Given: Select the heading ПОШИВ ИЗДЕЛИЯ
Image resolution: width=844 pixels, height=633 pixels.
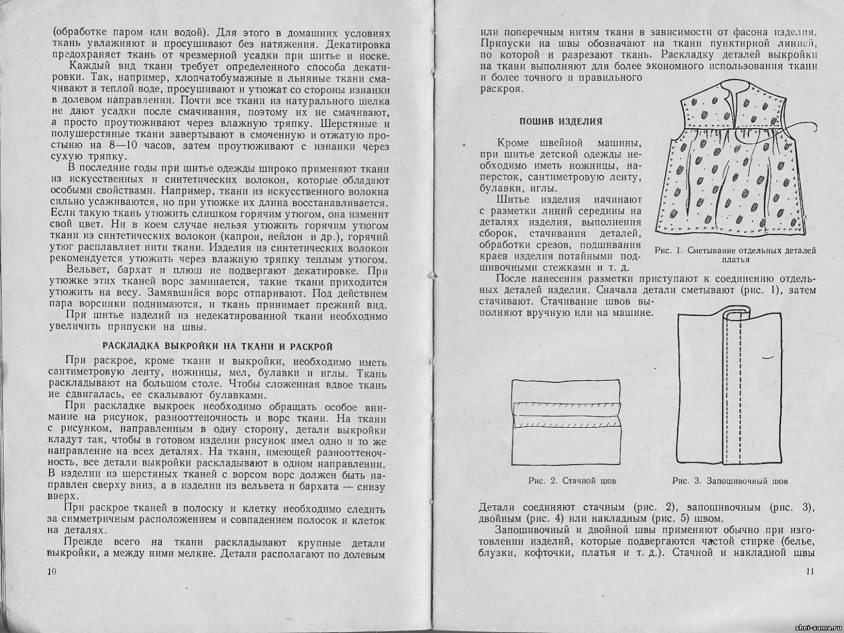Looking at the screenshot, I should (x=561, y=121).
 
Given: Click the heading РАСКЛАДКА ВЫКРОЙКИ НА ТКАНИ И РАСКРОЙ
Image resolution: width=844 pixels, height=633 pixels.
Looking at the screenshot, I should (x=217, y=347).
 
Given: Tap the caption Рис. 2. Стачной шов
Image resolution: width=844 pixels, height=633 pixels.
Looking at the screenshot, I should (x=572, y=481).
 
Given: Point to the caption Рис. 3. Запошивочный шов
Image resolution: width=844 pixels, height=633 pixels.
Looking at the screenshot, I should (x=730, y=481).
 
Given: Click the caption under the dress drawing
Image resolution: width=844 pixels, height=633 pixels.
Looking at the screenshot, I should (x=735, y=255).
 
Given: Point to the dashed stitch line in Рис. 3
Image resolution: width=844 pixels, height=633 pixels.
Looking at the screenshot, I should (x=741, y=390).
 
